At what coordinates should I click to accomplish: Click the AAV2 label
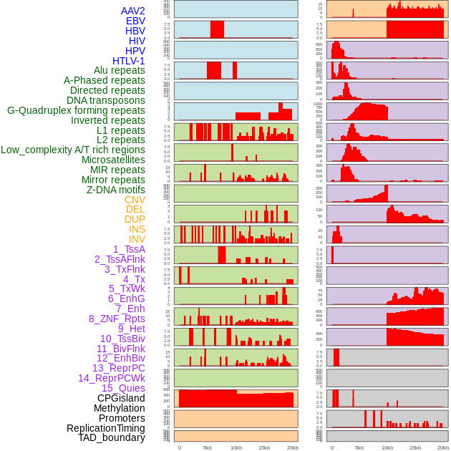tap(133, 11)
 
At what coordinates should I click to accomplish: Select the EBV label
tap(135, 21)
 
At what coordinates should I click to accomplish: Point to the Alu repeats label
tap(120, 70)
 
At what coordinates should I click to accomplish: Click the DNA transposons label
tap(106, 100)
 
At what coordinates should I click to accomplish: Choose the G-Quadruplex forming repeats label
tap(76, 110)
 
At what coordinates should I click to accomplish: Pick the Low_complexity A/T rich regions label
tap(73, 150)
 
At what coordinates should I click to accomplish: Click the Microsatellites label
tap(113, 160)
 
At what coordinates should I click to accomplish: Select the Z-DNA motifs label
tap(116, 190)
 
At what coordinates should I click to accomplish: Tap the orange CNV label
tap(135, 200)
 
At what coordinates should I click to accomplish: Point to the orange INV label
tap(137, 239)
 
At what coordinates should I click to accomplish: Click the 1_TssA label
tap(129, 249)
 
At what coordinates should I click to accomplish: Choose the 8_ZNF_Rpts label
tap(117, 319)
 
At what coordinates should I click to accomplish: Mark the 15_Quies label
tap(123, 388)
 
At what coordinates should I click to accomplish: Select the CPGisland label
tap(121, 398)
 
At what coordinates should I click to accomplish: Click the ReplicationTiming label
tap(106, 428)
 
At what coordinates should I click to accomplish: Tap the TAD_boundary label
tap(112, 437)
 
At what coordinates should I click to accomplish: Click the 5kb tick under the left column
tap(208, 447)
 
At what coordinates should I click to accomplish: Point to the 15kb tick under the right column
tap(415, 447)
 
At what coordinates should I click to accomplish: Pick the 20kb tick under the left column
tap(292, 447)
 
